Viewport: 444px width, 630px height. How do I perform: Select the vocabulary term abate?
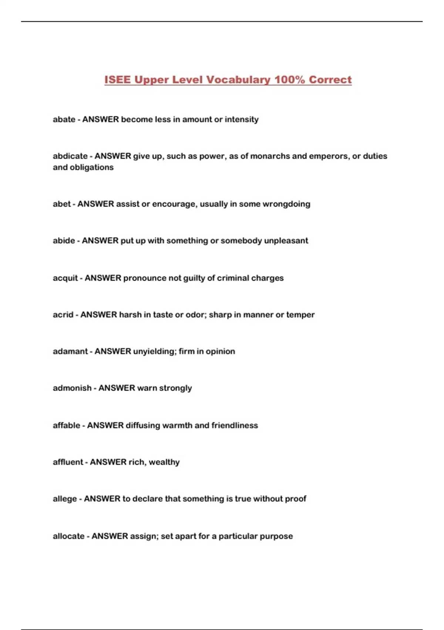pos(64,119)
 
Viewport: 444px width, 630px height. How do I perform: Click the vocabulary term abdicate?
pos(70,156)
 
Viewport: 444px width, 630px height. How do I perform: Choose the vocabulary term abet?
pos(61,204)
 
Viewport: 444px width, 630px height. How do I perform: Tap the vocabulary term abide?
pos(64,241)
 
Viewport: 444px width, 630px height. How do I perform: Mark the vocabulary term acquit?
pos(65,278)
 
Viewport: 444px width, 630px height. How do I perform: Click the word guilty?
pos(194,278)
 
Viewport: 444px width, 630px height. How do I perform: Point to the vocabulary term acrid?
pos(63,315)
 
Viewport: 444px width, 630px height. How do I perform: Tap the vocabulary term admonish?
pos(72,388)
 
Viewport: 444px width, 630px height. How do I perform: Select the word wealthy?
pos(164,462)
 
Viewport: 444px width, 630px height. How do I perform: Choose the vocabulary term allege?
pos(65,499)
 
